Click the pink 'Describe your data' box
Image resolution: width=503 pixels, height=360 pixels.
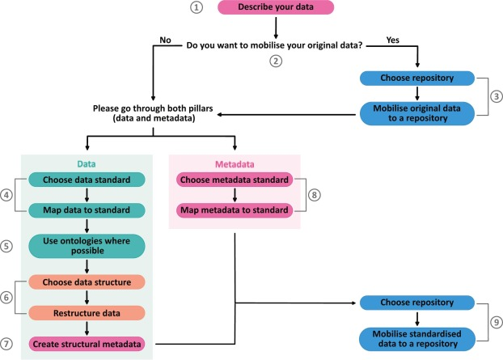275,8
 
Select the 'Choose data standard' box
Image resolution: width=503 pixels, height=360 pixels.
85,179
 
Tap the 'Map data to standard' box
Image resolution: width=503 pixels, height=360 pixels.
85,210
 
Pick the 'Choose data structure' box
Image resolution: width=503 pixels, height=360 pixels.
85,283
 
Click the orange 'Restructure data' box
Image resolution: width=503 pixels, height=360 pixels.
85,313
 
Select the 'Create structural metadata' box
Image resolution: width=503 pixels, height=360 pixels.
85,343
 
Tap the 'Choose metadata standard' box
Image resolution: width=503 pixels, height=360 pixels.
235,179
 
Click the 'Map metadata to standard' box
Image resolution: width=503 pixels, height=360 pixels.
235,210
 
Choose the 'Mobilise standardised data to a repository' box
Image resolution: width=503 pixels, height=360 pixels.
416,337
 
